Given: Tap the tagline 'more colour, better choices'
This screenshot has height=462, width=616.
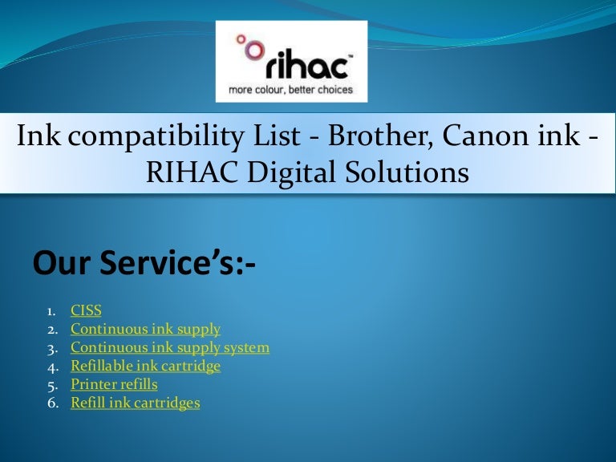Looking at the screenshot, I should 291,89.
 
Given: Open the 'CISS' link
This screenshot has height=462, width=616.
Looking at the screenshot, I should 86,310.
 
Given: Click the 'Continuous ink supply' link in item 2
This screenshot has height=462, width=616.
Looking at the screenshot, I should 145,329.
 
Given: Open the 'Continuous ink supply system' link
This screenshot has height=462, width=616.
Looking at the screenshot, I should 170,347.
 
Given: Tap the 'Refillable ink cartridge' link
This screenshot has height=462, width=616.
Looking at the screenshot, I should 145,366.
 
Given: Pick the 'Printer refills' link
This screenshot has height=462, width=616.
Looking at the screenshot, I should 114,384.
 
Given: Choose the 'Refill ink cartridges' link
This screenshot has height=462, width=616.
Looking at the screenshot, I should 135,403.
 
